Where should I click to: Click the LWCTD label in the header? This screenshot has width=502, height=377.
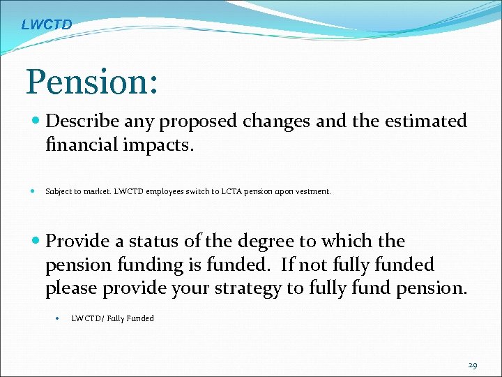[46, 25]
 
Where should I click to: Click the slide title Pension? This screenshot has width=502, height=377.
[93, 82]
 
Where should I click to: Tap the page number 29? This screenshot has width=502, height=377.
[473, 365]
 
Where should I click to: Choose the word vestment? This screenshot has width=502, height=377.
[312, 191]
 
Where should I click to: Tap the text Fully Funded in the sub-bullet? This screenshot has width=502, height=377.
[130, 318]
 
